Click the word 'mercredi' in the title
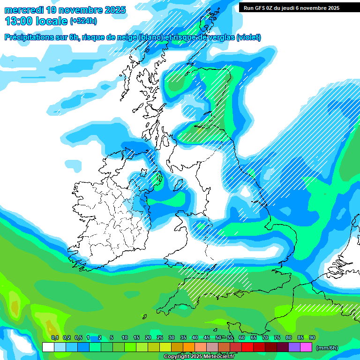(23, 10)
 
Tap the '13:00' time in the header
(20, 21)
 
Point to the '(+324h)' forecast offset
(83, 21)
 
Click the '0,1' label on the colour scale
(54, 337)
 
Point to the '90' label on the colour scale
(312, 337)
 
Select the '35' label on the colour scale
(183, 337)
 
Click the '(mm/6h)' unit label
(327, 348)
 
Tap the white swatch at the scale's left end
(48, 347)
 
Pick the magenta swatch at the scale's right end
(306, 347)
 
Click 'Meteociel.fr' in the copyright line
(219, 357)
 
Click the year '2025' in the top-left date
(114, 10)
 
